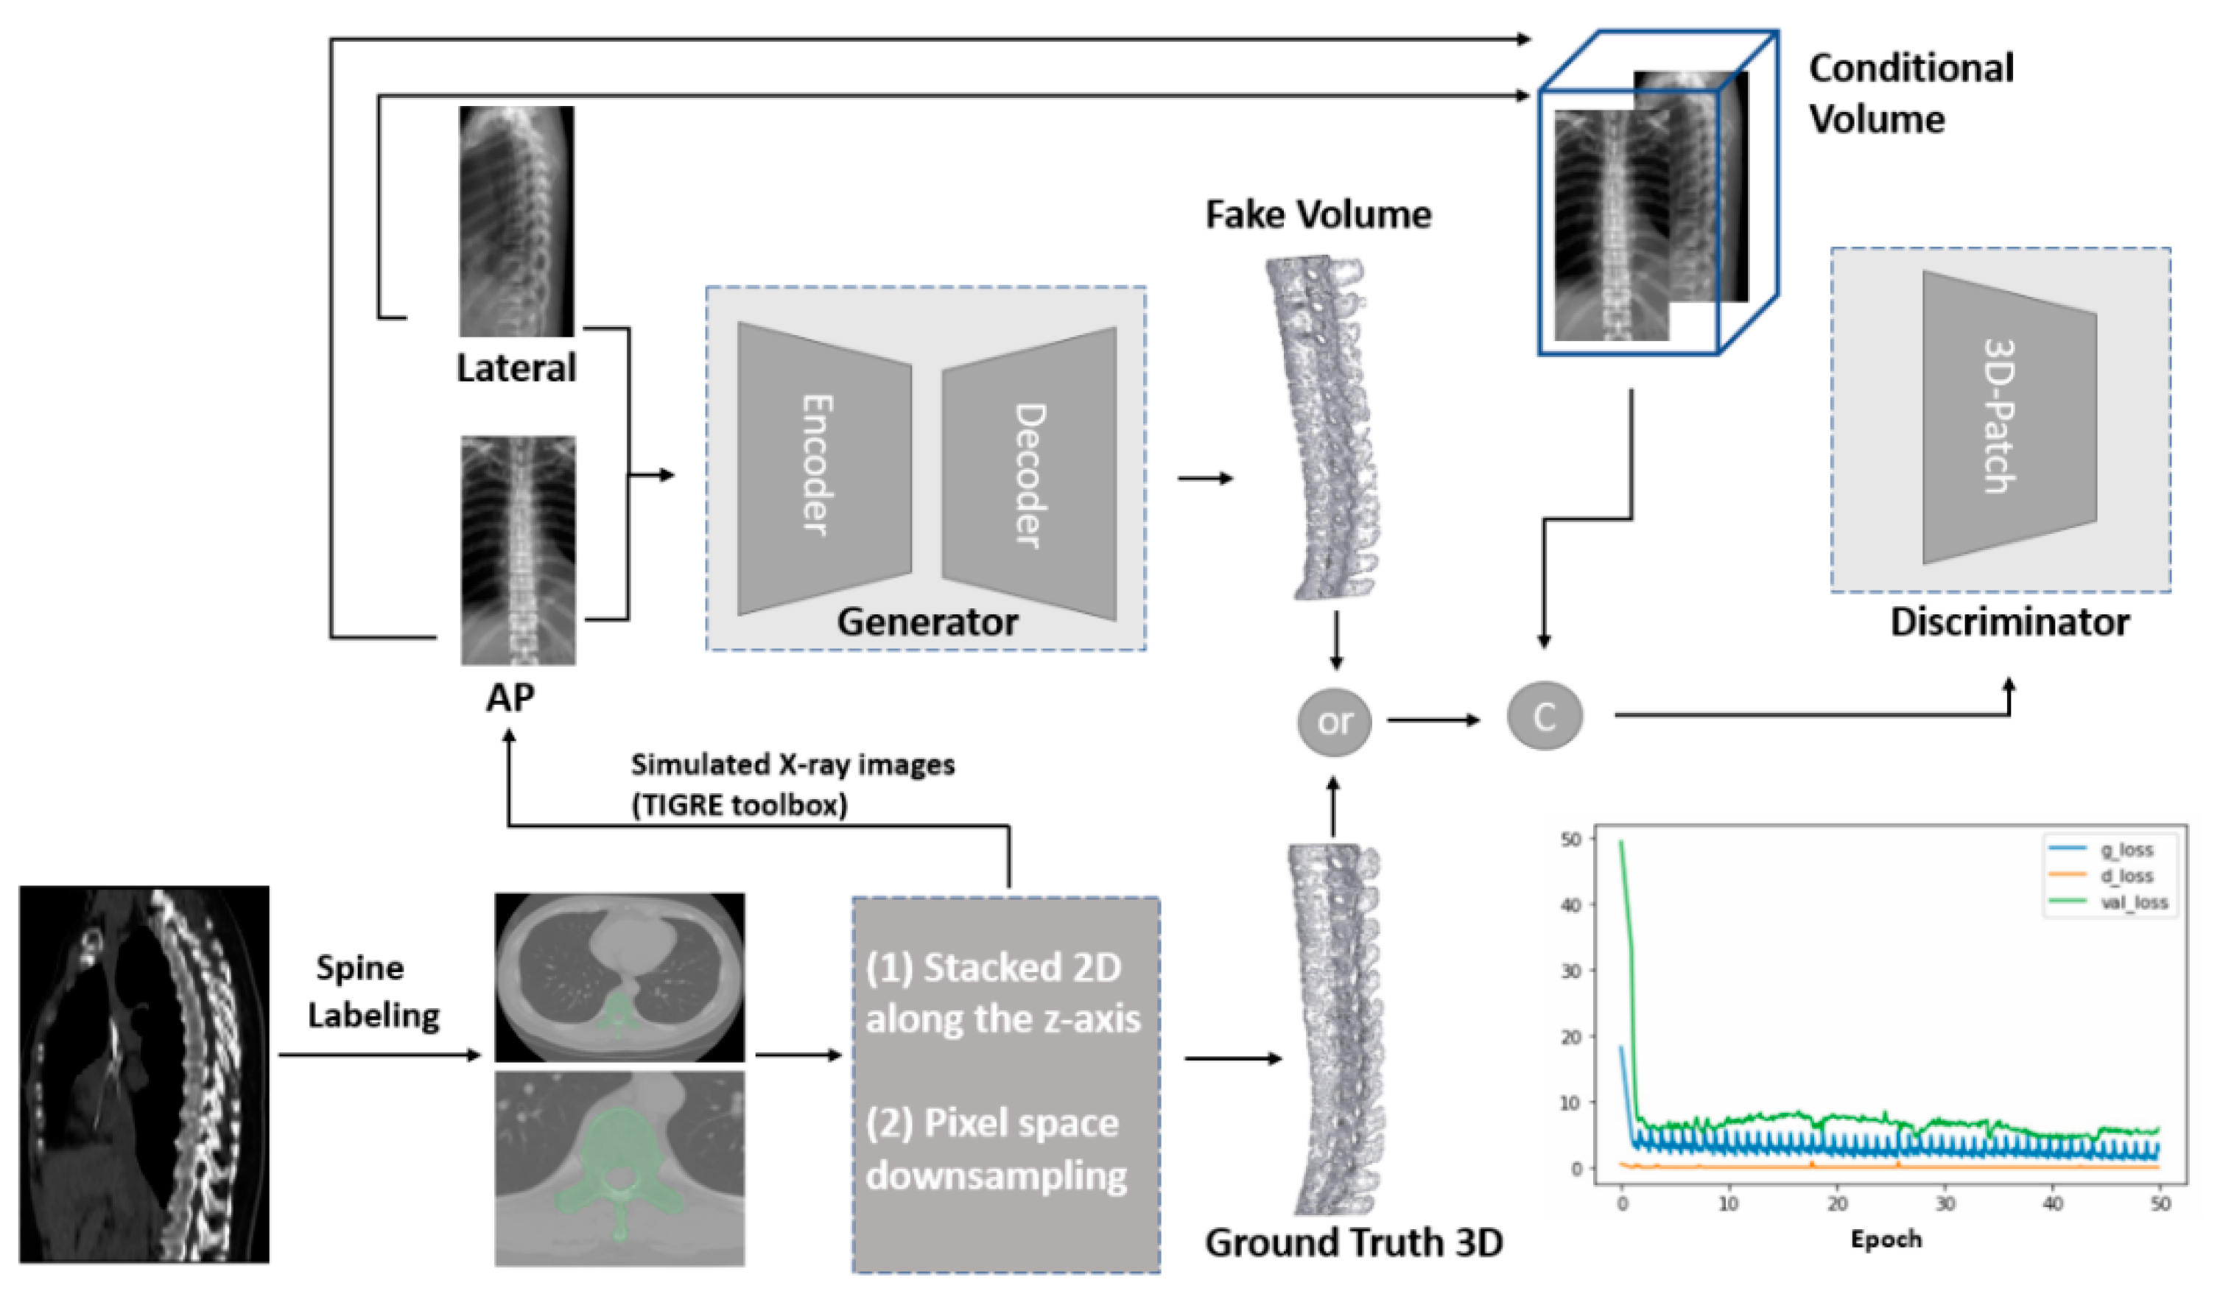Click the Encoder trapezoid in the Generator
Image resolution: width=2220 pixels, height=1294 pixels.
point(823,467)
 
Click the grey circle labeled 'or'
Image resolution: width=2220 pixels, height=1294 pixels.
point(1334,722)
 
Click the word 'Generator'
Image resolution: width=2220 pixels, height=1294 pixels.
point(927,622)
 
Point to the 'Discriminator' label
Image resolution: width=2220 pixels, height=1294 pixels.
point(2009,622)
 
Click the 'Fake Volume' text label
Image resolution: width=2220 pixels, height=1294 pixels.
point(1318,215)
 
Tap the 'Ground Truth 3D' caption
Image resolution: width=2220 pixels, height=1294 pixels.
point(1353,1242)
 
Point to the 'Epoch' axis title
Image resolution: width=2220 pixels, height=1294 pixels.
point(1886,1239)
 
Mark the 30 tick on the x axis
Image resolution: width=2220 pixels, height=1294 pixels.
point(1945,1203)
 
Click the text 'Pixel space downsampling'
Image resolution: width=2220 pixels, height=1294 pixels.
point(996,1149)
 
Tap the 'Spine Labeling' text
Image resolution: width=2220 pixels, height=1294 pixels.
point(372,992)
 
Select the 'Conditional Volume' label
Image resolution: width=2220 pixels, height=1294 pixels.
point(1910,94)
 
